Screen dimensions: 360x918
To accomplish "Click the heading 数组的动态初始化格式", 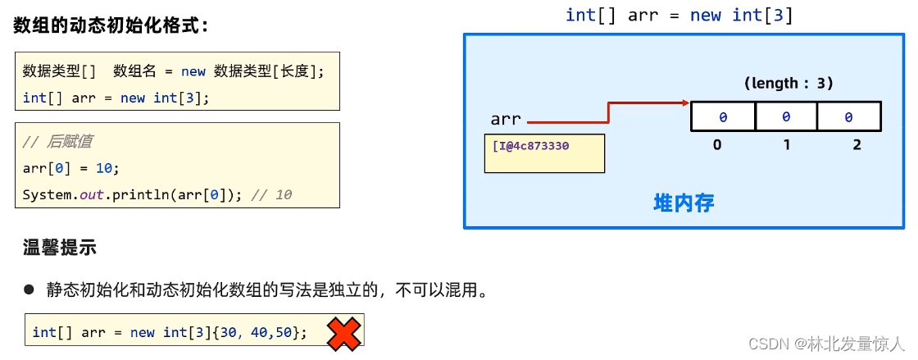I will click(x=111, y=25).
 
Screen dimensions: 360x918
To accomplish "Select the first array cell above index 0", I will click(x=723, y=117).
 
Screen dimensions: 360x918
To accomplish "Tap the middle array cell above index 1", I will click(x=786, y=117).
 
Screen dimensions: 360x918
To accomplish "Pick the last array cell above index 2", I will click(x=848, y=117).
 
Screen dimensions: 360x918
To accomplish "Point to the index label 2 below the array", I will click(x=857, y=145).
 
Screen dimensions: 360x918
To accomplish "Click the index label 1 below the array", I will click(x=786, y=145).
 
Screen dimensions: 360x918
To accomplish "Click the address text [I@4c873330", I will click(x=530, y=146).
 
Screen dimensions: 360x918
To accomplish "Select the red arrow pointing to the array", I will click(x=607, y=111).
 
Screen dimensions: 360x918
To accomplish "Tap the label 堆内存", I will click(x=684, y=203).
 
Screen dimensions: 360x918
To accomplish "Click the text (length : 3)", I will click(x=788, y=83).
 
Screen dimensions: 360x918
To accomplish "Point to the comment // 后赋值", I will click(x=57, y=141).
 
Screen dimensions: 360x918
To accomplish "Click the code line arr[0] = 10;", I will click(x=71, y=168).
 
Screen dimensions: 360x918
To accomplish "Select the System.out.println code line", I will click(x=157, y=195).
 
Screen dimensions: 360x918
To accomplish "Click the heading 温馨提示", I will click(x=60, y=248).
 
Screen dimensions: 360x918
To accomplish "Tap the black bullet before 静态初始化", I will click(x=30, y=289).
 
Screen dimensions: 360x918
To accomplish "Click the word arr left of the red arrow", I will click(x=506, y=120).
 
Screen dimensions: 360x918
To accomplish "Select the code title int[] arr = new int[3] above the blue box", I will click(x=679, y=15).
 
